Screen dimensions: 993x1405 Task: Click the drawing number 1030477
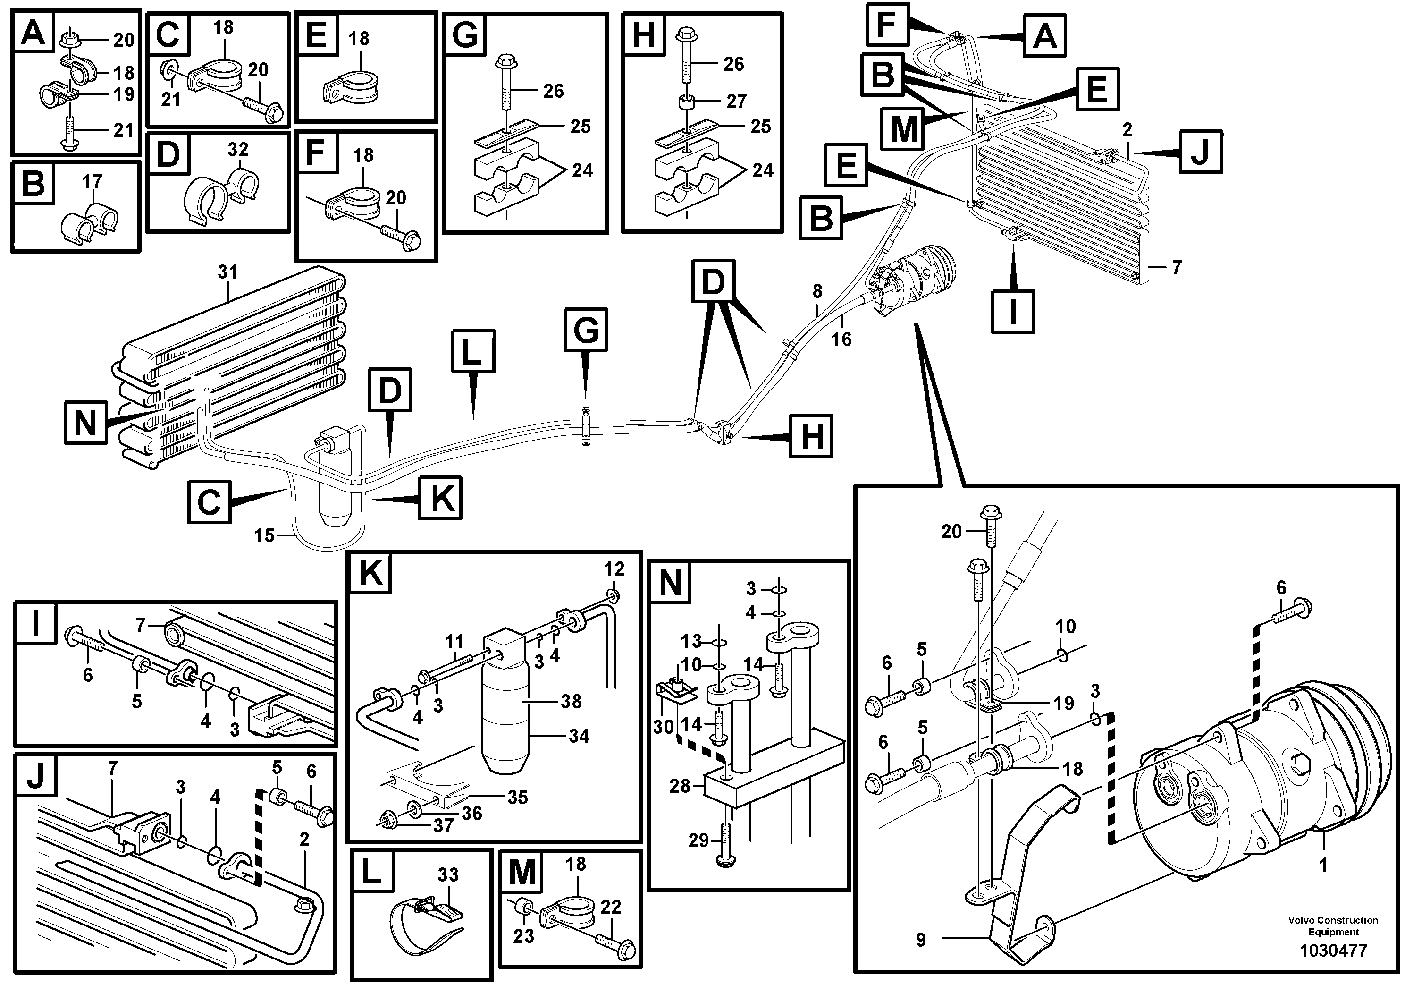tap(1333, 951)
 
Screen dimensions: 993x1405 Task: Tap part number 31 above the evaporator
tap(227, 272)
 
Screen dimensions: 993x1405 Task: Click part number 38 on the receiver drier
tap(571, 701)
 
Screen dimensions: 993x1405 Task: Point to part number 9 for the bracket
tap(921, 940)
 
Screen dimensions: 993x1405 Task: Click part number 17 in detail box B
tap(93, 181)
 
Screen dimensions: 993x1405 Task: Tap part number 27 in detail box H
tap(736, 101)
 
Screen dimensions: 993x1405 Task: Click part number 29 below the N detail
tap(698, 840)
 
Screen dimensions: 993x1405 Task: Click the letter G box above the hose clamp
tap(586, 331)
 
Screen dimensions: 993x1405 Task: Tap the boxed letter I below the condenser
tap(1013, 311)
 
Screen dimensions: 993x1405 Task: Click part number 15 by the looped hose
tap(264, 535)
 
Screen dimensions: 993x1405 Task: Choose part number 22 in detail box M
tap(611, 907)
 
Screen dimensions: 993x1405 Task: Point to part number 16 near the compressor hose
tap(841, 339)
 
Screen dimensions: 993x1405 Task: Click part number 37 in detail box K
tap(443, 825)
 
